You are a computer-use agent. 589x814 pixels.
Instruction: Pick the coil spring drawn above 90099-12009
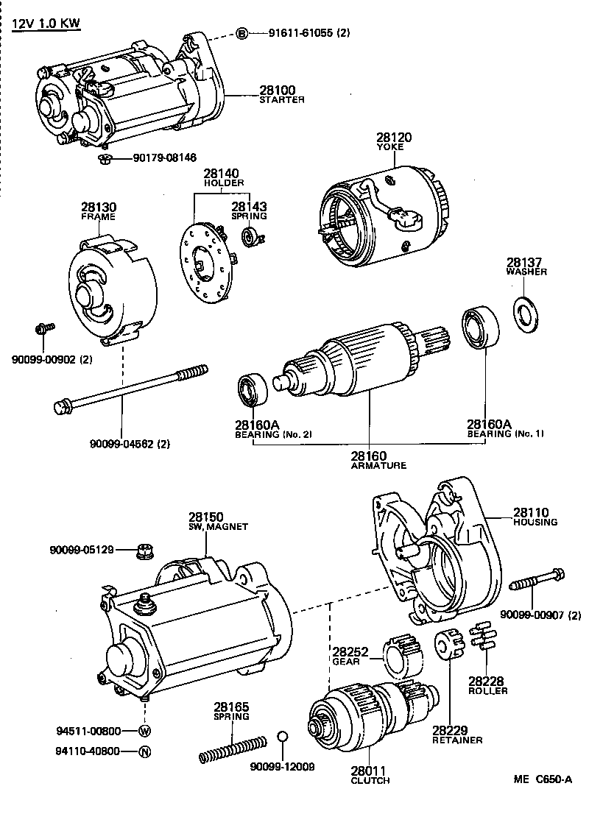pyautogui.click(x=233, y=746)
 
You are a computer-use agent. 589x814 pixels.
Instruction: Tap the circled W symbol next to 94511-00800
pyautogui.click(x=144, y=731)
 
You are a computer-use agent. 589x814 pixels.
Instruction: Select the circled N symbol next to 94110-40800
pyautogui.click(x=144, y=751)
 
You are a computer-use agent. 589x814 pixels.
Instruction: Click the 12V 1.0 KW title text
pyautogui.click(x=46, y=23)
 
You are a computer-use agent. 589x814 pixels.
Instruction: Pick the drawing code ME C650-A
pyautogui.click(x=543, y=780)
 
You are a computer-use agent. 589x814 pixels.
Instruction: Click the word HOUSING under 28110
pyautogui.click(x=535, y=522)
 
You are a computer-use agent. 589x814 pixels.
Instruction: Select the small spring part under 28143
pyautogui.click(x=250, y=236)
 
